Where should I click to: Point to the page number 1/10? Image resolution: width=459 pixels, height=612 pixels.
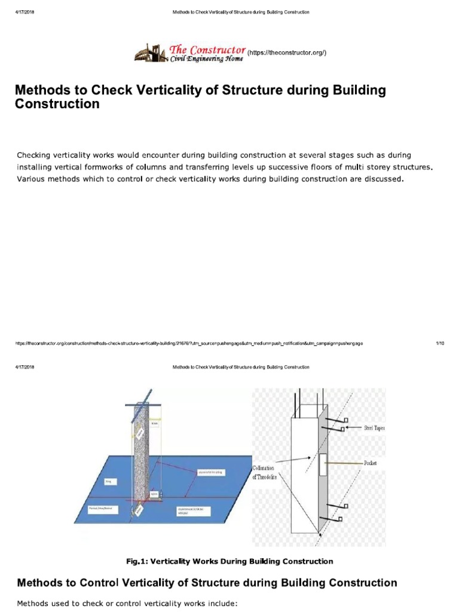click(x=440, y=344)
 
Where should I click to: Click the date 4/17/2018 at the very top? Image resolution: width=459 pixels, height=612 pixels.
click(x=25, y=12)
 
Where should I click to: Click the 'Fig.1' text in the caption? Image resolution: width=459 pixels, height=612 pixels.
click(x=136, y=561)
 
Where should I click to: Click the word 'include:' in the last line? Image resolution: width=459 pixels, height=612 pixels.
click(x=222, y=604)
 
